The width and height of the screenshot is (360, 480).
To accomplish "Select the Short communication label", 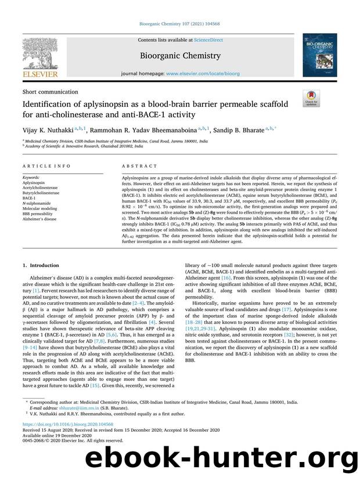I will (50, 92).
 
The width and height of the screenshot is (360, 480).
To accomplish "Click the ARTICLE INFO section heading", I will (47, 165).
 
